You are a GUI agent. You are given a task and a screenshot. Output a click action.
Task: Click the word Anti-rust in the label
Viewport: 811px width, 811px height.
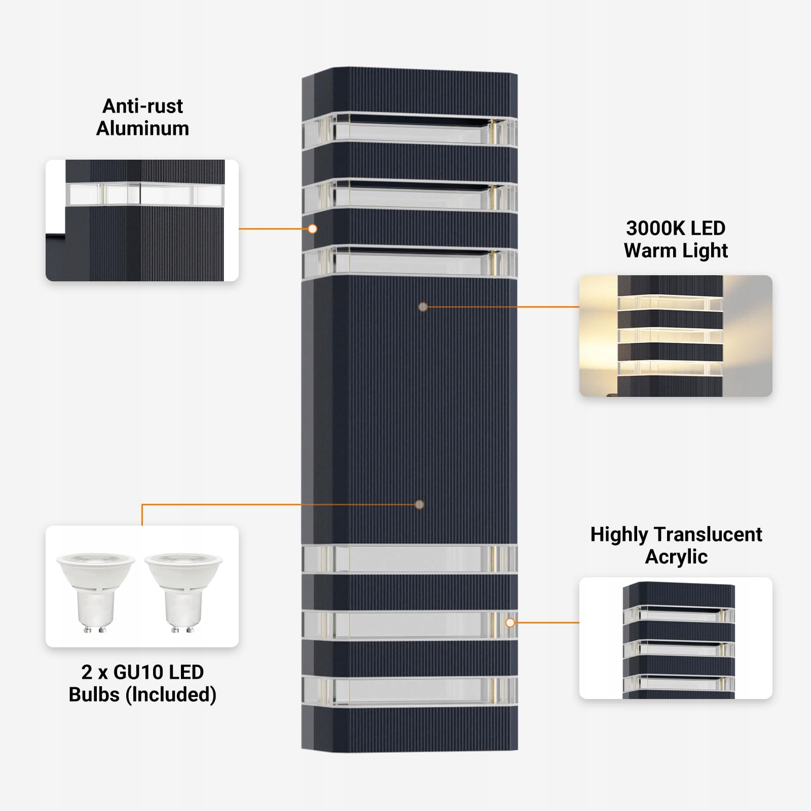pyautogui.click(x=142, y=106)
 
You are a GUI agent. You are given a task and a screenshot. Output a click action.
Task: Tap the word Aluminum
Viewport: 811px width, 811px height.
pyautogui.click(x=142, y=129)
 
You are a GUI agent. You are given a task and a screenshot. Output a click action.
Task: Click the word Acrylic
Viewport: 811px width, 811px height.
pyautogui.click(x=676, y=557)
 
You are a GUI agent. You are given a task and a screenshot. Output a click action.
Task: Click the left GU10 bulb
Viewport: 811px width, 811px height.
pyautogui.click(x=95, y=591)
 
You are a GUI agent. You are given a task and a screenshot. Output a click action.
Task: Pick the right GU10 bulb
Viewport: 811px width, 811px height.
pyautogui.click(x=183, y=591)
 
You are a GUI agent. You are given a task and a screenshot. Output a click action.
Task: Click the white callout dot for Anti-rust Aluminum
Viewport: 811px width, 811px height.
pyautogui.click(x=313, y=229)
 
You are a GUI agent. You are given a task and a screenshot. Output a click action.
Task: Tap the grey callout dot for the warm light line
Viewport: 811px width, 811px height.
pyautogui.click(x=423, y=307)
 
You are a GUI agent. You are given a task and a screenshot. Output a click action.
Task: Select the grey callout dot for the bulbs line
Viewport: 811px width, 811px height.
pyautogui.click(x=419, y=504)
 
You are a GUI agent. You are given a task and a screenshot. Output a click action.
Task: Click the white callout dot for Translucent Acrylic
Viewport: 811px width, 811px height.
pyautogui.click(x=510, y=622)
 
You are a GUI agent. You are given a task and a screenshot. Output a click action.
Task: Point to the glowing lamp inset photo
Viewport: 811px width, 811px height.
pyautogui.click(x=676, y=336)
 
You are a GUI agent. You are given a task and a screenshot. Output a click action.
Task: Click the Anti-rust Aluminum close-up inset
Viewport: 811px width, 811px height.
pyautogui.click(x=142, y=220)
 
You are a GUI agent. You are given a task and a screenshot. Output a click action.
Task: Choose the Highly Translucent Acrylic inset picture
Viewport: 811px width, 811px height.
pyautogui.click(x=676, y=638)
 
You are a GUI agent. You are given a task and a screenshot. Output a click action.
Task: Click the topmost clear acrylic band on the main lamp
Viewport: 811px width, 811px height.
pyautogui.click(x=410, y=130)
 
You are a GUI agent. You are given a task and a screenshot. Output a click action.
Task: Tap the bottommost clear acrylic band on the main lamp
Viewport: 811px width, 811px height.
pyautogui.click(x=410, y=690)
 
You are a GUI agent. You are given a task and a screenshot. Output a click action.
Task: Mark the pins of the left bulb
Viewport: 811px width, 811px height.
pyautogui.click(x=95, y=630)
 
